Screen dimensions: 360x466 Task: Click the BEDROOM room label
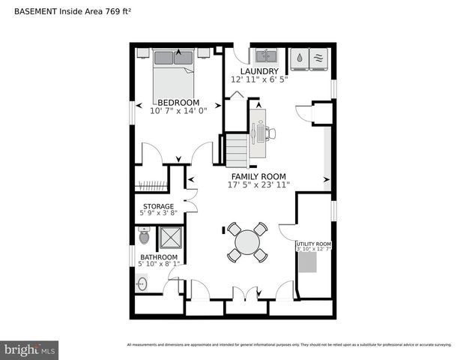point(178,102)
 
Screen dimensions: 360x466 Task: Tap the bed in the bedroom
point(174,70)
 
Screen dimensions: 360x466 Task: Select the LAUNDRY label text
point(259,72)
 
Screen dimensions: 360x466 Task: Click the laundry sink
point(264,56)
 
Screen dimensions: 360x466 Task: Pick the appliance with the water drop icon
point(300,58)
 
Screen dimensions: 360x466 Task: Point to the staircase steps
point(237,150)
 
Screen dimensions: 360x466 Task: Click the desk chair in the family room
point(270,133)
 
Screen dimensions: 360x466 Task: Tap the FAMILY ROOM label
point(258,176)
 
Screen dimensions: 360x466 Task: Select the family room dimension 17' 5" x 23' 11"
point(258,184)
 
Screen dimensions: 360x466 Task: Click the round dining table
point(247,241)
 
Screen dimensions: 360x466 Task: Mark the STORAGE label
point(158,206)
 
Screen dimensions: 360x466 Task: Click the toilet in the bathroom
point(145,237)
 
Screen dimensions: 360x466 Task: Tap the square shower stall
point(170,239)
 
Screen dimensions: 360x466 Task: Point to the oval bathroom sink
point(142,285)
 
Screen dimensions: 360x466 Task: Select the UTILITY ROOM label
point(313,244)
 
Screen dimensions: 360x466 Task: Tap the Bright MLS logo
point(30,349)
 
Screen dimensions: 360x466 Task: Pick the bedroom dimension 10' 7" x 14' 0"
point(178,111)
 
